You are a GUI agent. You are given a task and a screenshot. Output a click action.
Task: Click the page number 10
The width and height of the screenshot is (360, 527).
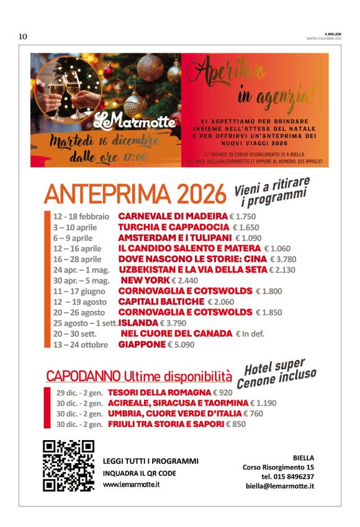23,37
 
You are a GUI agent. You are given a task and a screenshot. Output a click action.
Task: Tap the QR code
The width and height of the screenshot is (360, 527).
68,465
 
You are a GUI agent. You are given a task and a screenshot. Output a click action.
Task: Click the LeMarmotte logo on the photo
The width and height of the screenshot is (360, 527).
135,119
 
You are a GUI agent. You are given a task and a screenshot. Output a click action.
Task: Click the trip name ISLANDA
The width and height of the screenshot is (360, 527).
138,323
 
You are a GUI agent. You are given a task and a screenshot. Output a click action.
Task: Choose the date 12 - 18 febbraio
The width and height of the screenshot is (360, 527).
81,217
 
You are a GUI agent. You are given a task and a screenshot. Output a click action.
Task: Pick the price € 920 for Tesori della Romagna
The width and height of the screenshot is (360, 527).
222,392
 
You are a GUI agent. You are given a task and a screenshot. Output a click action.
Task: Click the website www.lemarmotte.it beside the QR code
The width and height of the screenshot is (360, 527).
132,484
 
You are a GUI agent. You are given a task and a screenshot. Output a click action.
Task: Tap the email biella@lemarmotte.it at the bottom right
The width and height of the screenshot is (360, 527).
279,486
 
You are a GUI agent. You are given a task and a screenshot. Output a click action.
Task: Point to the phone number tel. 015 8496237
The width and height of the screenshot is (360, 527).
287,476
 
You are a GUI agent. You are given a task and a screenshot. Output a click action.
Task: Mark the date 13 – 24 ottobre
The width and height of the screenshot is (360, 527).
81,345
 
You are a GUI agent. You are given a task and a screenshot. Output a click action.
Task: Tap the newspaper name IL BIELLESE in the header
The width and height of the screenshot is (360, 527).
333,34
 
